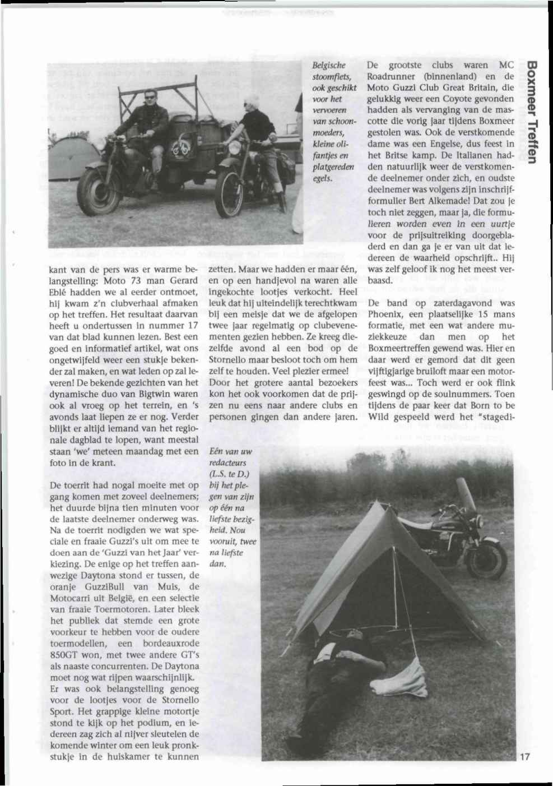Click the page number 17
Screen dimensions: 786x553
(x=524, y=757)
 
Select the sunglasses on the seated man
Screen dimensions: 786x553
(x=150, y=96)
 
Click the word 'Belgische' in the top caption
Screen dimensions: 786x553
(x=330, y=65)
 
